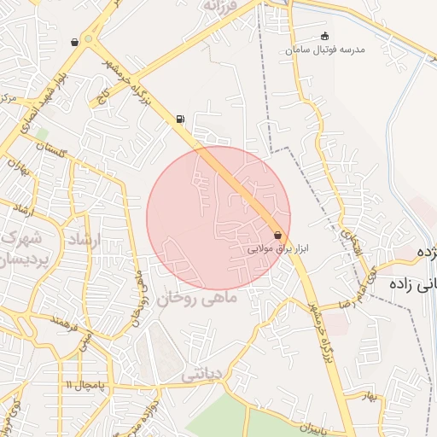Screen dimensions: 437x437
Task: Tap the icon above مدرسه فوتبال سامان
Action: pos(323,36)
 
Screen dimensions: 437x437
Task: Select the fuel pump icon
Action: pos(179,119)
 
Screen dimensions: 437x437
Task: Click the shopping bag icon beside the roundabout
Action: pos(75,41)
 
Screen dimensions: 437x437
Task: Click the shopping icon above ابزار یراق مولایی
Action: pos(278,235)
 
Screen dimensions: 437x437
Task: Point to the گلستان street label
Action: pos(51,150)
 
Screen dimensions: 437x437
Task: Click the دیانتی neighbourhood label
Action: pos(203,373)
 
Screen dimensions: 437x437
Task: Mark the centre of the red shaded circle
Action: pos(218,218)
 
